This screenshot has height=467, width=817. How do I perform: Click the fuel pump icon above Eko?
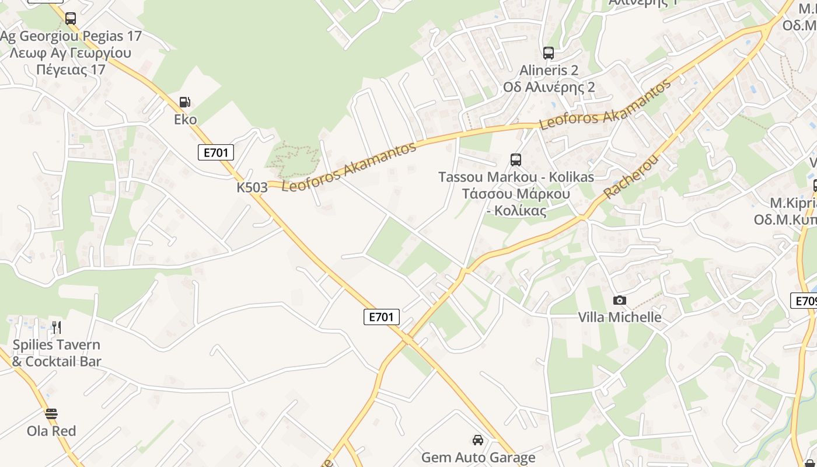coord(185,102)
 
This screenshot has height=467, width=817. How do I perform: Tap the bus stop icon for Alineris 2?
coord(548,53)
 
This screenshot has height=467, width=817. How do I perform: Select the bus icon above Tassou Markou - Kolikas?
coord(515,160)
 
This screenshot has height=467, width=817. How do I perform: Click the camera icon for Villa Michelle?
coord(619,300)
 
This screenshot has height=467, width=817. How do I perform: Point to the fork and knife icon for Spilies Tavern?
coord(56,327)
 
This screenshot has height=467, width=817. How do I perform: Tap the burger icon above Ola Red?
coord(51,414)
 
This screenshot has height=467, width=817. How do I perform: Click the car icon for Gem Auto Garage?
coord(478,440)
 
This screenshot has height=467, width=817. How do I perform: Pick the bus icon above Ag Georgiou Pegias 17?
coord(71,19)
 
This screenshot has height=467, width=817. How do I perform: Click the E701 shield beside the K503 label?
coord(216,153)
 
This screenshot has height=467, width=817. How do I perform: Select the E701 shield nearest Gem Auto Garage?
coord(382,317)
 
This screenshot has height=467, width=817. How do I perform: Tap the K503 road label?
coord(252,187)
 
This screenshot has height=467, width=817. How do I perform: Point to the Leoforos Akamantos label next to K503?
coord(349,166)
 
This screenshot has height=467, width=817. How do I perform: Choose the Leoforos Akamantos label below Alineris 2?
coord(605,105)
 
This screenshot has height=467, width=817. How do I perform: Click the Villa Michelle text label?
coord(619,317)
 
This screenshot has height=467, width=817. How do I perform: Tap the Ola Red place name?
coord(51,431)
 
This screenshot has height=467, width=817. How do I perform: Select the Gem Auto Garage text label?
coord(478,457)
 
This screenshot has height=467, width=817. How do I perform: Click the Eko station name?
coord(185,120)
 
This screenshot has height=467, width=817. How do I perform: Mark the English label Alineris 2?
coord(549,70)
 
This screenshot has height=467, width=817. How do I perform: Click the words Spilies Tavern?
coord(56,344)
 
